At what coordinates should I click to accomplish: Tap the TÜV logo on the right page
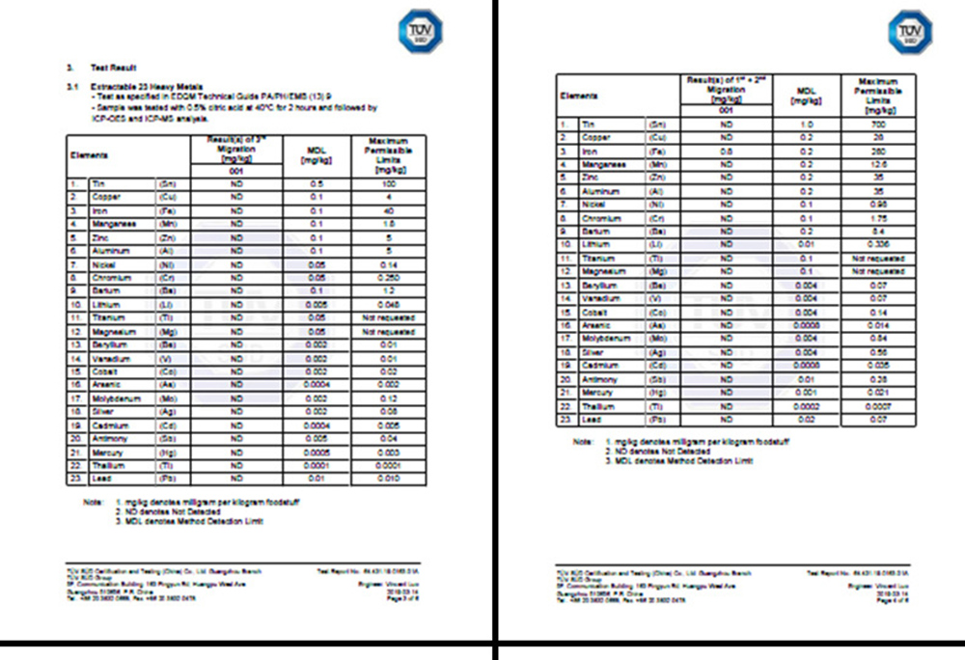point(909,31)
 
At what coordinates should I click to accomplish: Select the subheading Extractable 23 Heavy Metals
point(139,86)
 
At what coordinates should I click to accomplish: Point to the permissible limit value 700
point(876,124)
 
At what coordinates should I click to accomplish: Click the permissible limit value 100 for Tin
point(389,183)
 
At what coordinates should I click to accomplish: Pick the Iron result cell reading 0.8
point(727,151)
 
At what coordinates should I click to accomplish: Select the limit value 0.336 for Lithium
point(876,245)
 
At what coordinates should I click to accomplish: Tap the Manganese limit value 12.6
point(876,165)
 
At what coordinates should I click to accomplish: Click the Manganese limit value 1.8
point(389,224)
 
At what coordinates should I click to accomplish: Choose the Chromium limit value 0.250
point(389,278)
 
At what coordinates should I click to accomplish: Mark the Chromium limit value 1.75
point(876,218)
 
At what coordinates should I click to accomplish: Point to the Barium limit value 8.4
point(876,232)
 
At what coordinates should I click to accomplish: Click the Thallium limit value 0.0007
point(876,406)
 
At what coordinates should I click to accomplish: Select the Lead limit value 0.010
point(389,480)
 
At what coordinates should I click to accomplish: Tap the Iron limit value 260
point(876,151)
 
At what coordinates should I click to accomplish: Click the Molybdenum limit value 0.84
point(876,339)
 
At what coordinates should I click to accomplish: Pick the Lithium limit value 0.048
point(389,305)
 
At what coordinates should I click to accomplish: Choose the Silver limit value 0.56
point(876,352)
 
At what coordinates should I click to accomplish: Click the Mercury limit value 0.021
point(876,393)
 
